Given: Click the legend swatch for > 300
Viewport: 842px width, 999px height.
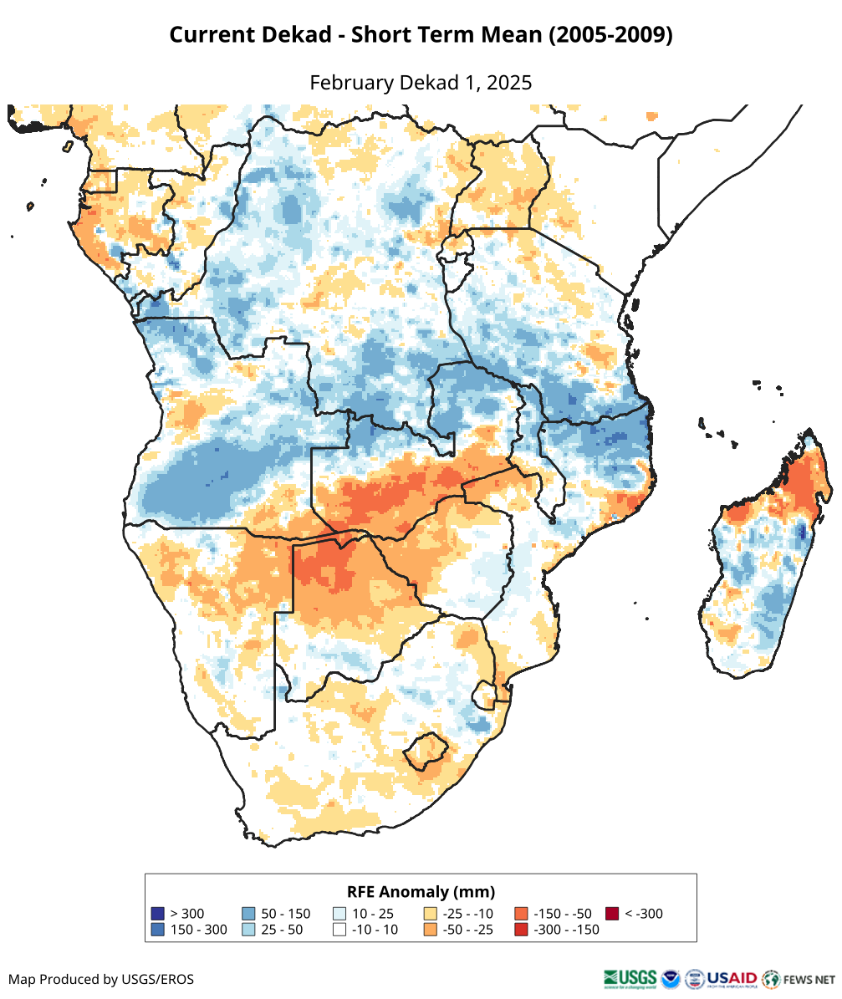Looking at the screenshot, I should pos(157,914).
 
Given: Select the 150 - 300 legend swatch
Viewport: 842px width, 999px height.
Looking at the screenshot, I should pos(157,930).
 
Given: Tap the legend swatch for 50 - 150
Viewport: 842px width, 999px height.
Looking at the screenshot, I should pos(248,914).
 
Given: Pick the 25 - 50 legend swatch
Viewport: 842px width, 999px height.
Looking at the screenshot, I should pos(248,930).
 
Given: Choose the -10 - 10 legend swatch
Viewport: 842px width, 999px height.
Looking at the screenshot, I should pos(339,930).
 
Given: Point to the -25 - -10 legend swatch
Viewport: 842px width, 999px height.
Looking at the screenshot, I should pos(431,914).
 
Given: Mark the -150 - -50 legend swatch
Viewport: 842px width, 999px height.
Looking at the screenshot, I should pos(521,914).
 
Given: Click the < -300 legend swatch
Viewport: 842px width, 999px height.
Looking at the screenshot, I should pos(612,914).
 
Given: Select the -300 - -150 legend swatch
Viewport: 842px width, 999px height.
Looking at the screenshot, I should pos(521,930).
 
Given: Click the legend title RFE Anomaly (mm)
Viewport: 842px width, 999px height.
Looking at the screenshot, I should pos(421,891).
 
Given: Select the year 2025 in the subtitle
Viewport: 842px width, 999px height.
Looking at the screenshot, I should pos(509,83).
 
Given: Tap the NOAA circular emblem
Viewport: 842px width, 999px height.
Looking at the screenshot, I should pos(671,978).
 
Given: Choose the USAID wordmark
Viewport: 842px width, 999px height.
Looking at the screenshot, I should pos(732,978).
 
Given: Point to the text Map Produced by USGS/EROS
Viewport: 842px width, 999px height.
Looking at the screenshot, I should pos(101,979).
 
